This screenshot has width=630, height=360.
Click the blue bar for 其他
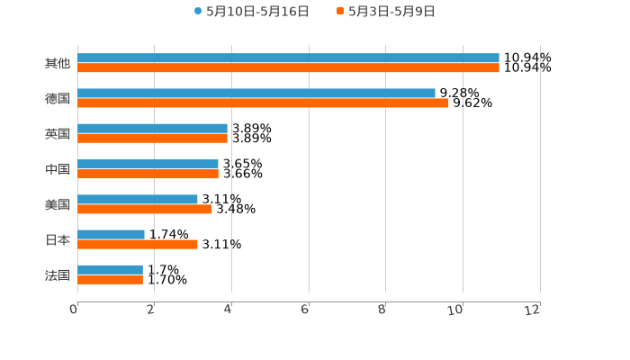point(288,58)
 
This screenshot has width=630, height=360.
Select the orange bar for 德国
point(263,103)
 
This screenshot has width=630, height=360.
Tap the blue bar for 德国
point(256,94)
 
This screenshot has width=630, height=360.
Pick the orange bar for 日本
point(138,244)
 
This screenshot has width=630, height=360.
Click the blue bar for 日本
point(112,235)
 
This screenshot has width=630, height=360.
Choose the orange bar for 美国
point(145,209)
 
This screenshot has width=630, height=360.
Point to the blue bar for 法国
point(111,270)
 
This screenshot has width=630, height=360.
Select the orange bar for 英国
point(153,138)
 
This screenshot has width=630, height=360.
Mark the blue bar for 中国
point(148,165)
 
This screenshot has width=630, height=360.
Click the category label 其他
point(58,64)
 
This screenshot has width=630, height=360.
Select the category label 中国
point(58,169)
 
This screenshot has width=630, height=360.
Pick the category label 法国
point(58,275)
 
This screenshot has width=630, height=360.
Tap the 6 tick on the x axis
point(305,310)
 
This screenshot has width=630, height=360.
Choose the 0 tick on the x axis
point(74,310)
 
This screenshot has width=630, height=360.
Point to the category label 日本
point(58,240)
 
